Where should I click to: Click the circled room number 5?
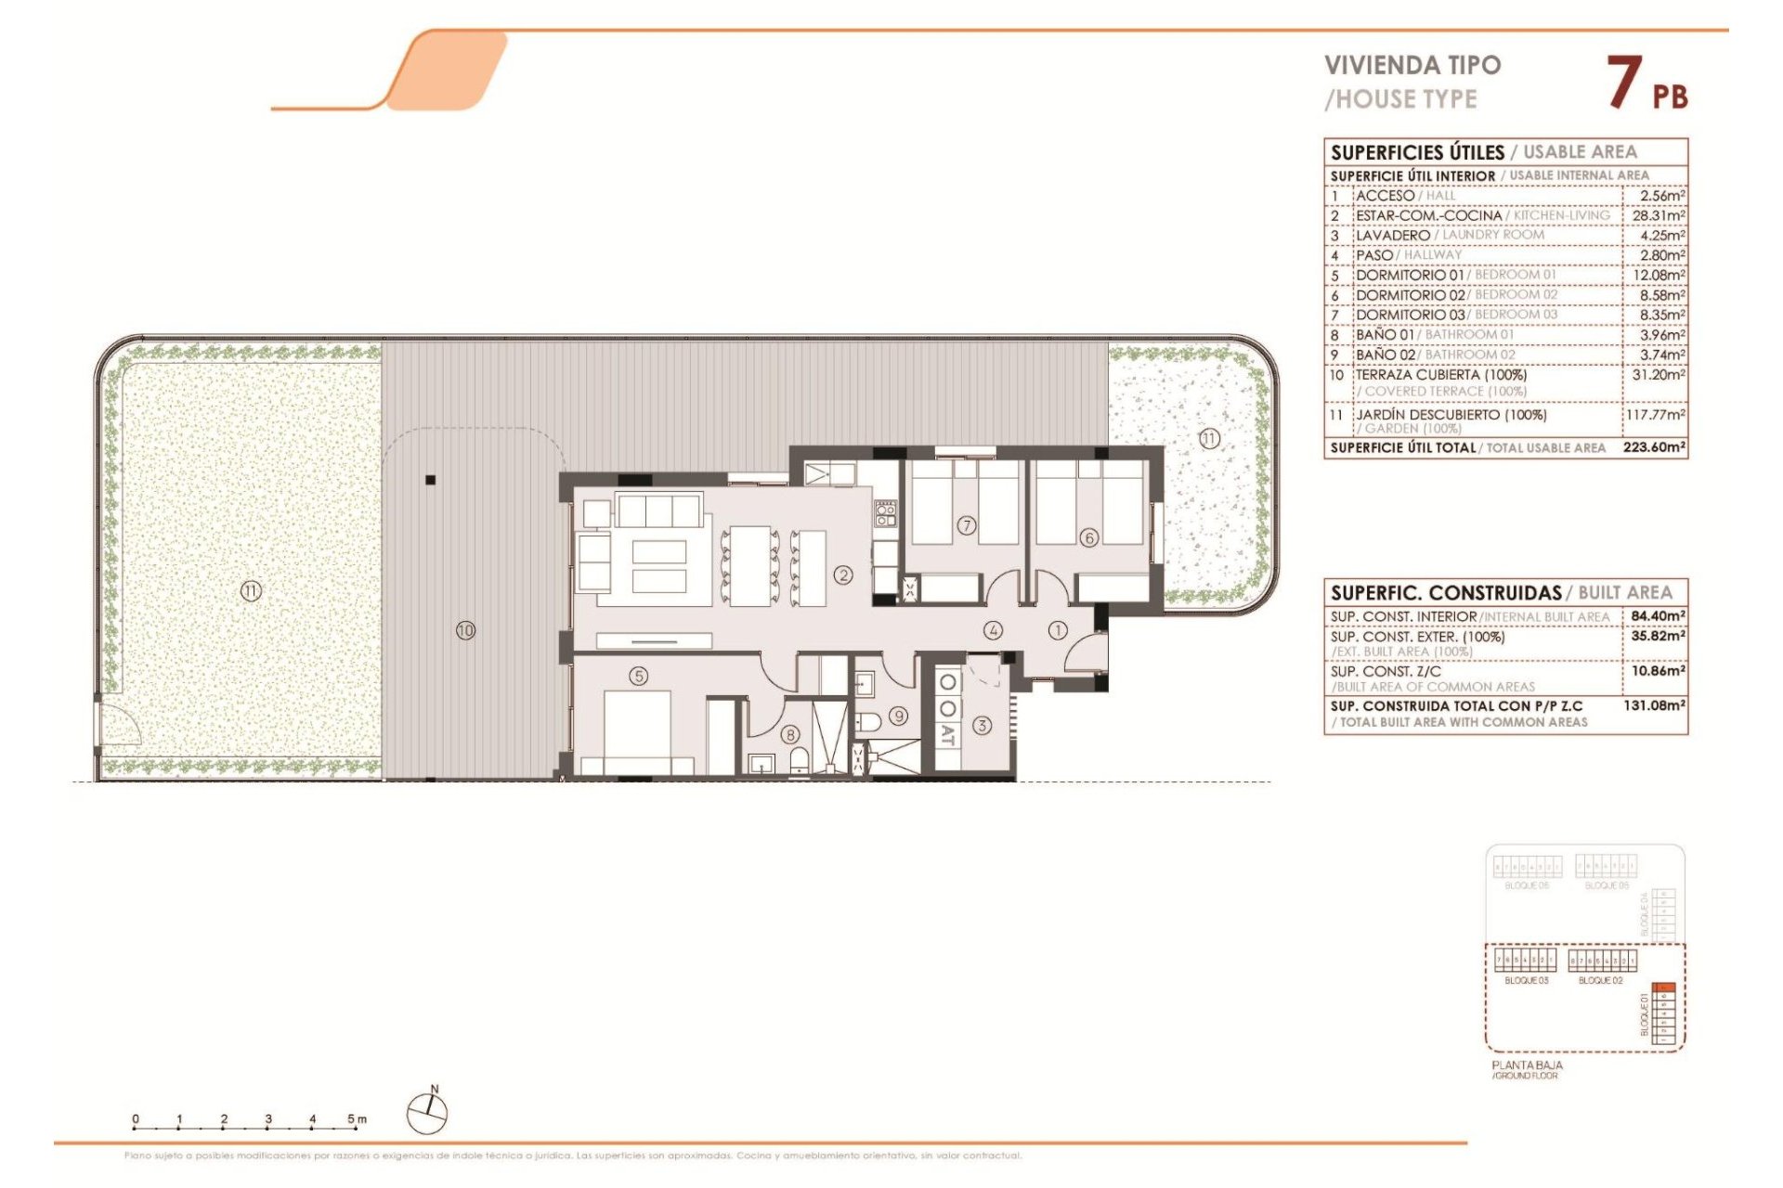pos(639,676)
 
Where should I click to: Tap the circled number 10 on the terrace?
pos(465,630)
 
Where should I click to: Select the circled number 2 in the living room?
pos(843,575)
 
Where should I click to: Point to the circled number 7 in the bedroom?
pos(967,525)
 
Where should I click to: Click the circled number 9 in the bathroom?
pos(898,716)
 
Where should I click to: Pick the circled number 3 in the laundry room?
pos(982,725)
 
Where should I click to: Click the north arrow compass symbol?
pos(427,1112)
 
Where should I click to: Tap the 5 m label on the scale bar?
pos(357,1118)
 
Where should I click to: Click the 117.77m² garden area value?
pos(1655,415)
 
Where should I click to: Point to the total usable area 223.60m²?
pos(1654,447)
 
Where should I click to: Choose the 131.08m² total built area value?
pos(1654,705)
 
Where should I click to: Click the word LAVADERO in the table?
pos(1392,236)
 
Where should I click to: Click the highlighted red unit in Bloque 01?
pos(1664,988)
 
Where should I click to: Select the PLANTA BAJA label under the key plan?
pos(1527,1065)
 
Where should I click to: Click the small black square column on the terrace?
pos(430,480)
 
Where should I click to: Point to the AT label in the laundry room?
pos(947,736)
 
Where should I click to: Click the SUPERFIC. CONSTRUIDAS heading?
pos(1446,592)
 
